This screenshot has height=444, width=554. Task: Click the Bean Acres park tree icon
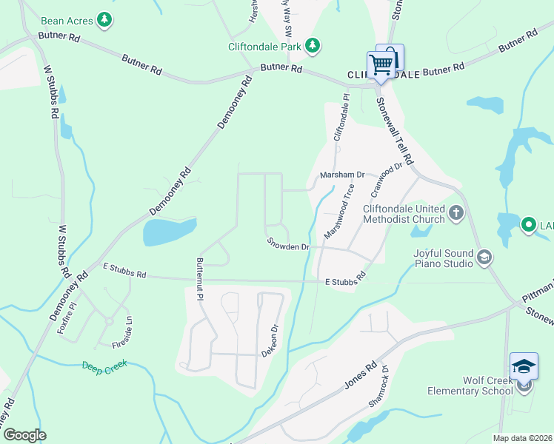(x=106, y=18)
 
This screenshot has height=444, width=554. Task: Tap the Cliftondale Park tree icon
(x=313, y=46)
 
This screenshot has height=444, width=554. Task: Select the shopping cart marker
(x=381, y=64)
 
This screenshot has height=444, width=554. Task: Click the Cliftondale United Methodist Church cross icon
(x=456, y=213)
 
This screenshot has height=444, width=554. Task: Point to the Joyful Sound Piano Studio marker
(x=484, y=258)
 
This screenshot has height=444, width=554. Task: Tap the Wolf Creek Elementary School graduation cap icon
(x=524, y=366)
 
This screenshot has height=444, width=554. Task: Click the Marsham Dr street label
(x=342, y=175)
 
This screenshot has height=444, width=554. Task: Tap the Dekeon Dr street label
(x=270, y=340)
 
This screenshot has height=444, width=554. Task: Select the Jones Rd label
(x=361, y=375)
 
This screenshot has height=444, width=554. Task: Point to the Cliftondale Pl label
(x=341, y=118)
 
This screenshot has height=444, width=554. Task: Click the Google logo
(x=24, y=435)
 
